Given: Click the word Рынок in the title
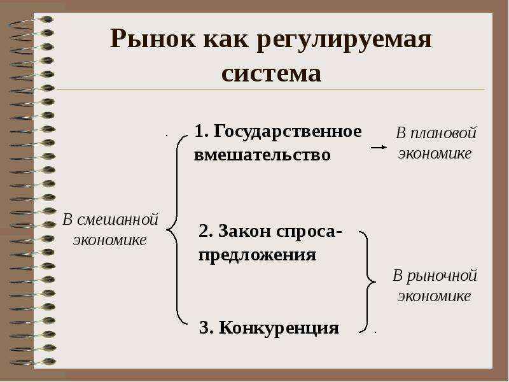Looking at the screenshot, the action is (153, 39).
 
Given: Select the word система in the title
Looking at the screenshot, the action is (272, 73).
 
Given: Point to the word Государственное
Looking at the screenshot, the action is (288, 132).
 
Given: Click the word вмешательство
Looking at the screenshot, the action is (262, 154).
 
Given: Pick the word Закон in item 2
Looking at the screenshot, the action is (245, 231).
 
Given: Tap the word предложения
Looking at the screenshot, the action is (258, 255).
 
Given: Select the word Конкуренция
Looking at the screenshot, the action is (279, 328).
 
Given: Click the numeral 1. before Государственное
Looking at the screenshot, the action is (201, 131).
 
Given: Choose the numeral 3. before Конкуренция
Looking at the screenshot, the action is (206, 327).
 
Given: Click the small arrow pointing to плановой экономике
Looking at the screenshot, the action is (379, 147).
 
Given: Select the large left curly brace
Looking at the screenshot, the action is (172, 230).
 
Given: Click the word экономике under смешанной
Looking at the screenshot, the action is (109, 241).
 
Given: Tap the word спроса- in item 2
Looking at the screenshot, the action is (309, 232).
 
